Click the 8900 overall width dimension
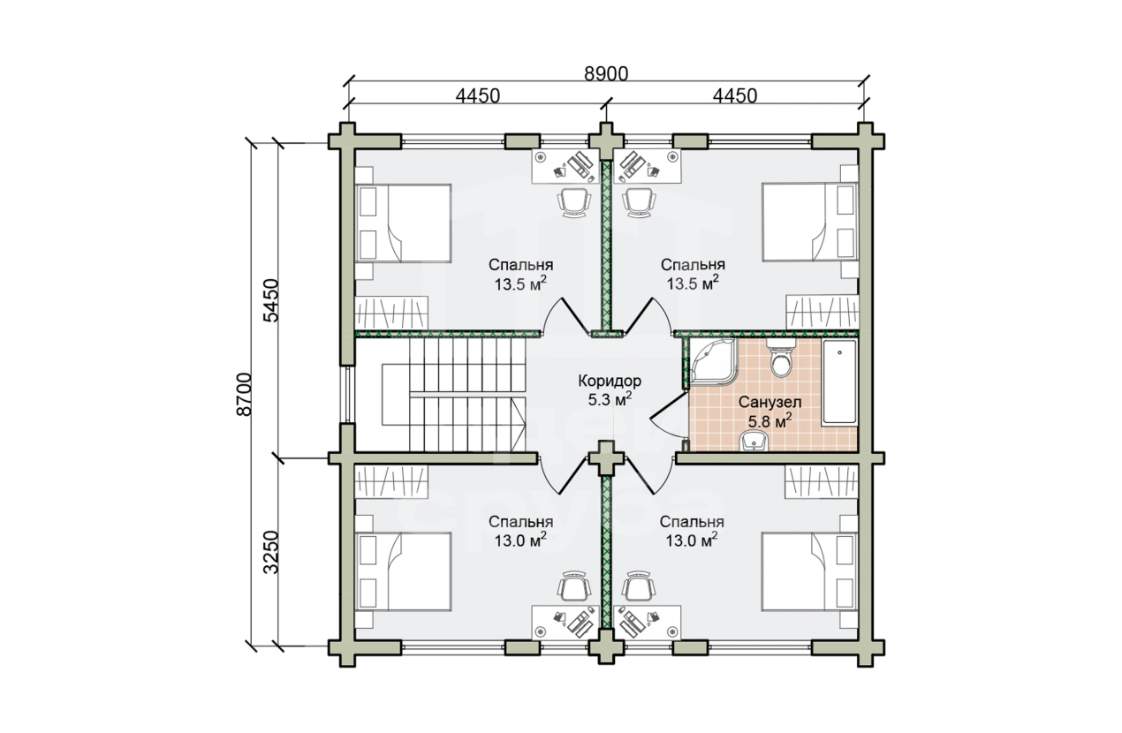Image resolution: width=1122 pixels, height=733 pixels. [x=606, y=74]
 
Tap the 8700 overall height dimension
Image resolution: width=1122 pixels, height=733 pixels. [x=244, y=394]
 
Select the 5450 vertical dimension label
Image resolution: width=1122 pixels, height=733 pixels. [x=271, y=300]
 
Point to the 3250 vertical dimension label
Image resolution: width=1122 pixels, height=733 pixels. [x=271, y=552]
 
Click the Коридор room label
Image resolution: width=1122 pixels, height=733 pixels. [x=610, y=381]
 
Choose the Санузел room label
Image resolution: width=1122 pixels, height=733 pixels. [x=769, y=402]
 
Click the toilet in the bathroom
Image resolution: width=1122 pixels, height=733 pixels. [x=781, y=357]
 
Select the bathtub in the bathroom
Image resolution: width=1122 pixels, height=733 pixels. [x=839, y=383]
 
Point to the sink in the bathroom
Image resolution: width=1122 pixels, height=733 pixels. [x=754, y=442]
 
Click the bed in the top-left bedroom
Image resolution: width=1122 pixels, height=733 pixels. [x=403, y=223]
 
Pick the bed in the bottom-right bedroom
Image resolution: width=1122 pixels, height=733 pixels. [x=809, y=571]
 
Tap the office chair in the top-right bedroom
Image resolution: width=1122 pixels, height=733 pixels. [x=639, y=201]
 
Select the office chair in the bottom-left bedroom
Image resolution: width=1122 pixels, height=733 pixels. [x=573, y=586]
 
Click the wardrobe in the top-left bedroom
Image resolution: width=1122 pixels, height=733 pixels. [x=391, y=313]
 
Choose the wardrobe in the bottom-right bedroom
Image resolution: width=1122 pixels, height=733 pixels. [x=822, y=481]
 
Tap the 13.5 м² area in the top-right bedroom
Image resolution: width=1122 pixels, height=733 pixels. [x=693, y=283]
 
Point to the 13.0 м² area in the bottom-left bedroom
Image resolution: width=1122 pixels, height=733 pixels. [x=520, y=540]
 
